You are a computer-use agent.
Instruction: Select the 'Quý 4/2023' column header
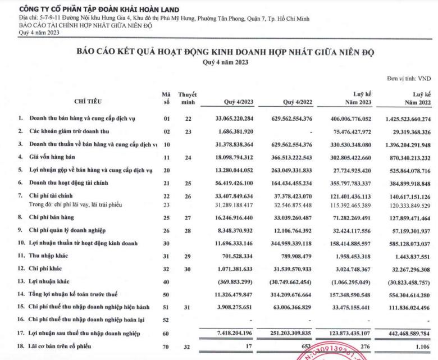tap(239, 102)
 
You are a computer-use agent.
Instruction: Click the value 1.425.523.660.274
tap(399, 119)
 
